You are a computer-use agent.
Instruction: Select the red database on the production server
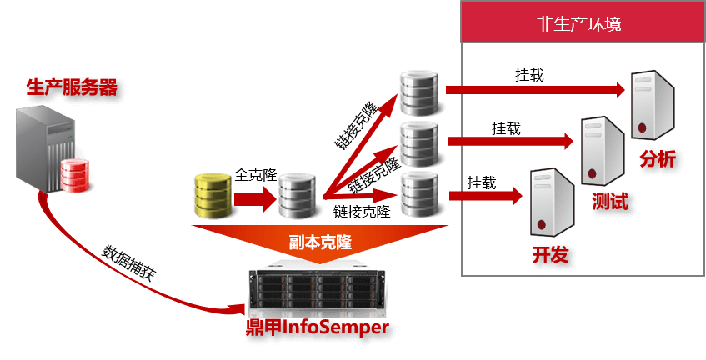73,174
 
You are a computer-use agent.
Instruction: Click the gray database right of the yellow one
296,197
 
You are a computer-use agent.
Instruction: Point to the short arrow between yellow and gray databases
253,198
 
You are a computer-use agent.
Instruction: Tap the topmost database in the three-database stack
418,93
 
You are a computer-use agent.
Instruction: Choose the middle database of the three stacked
418,142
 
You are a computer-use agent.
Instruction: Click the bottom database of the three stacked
418,194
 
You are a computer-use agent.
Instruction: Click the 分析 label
658,159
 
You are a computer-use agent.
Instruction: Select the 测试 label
609,202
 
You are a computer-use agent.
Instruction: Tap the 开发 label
550,254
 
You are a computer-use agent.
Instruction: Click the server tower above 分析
651,105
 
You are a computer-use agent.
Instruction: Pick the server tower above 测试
602,150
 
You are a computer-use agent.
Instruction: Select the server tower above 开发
549,202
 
